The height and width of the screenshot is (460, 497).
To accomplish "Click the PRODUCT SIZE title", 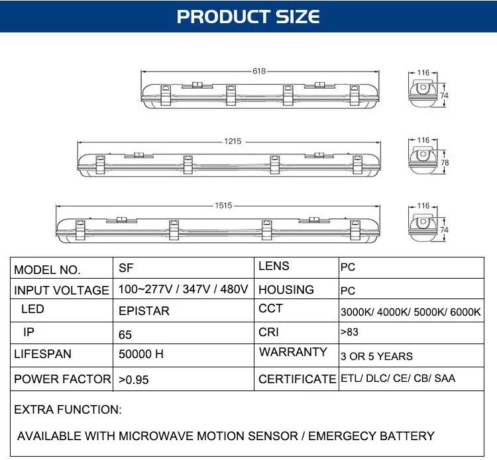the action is click(248, 17).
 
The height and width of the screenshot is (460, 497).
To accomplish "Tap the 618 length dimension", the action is click(259, 71).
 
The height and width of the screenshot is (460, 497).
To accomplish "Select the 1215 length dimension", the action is click(233, 141).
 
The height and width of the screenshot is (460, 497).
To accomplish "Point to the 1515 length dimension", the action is click(223, 205).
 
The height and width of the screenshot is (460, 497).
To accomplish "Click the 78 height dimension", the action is click(445, 163).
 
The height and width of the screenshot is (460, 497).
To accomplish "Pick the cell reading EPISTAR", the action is click(144, 311).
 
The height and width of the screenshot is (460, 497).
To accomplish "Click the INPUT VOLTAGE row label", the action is click(62, 291).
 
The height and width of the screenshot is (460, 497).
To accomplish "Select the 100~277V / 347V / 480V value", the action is click(183, 289).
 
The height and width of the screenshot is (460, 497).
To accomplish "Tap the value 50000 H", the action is click(141, 354).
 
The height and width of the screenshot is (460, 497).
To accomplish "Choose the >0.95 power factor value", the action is click(133, 380).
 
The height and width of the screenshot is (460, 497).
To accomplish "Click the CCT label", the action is click(270, 308).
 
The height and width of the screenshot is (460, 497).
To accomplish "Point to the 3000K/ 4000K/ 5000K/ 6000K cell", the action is click(410, 312).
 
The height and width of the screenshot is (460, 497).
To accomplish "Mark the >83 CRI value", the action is click(349, 332).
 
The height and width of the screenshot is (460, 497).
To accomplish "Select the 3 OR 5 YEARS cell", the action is click(376, 357).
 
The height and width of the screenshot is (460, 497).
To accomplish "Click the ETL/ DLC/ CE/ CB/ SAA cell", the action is click(398, 379).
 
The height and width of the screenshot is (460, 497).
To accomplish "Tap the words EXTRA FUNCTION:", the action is click(68, 410).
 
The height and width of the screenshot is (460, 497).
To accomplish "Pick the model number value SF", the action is click(126, 268).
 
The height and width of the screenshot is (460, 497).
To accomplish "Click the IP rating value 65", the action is click(125, 335).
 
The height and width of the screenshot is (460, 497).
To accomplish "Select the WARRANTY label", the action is click(293, 352).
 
